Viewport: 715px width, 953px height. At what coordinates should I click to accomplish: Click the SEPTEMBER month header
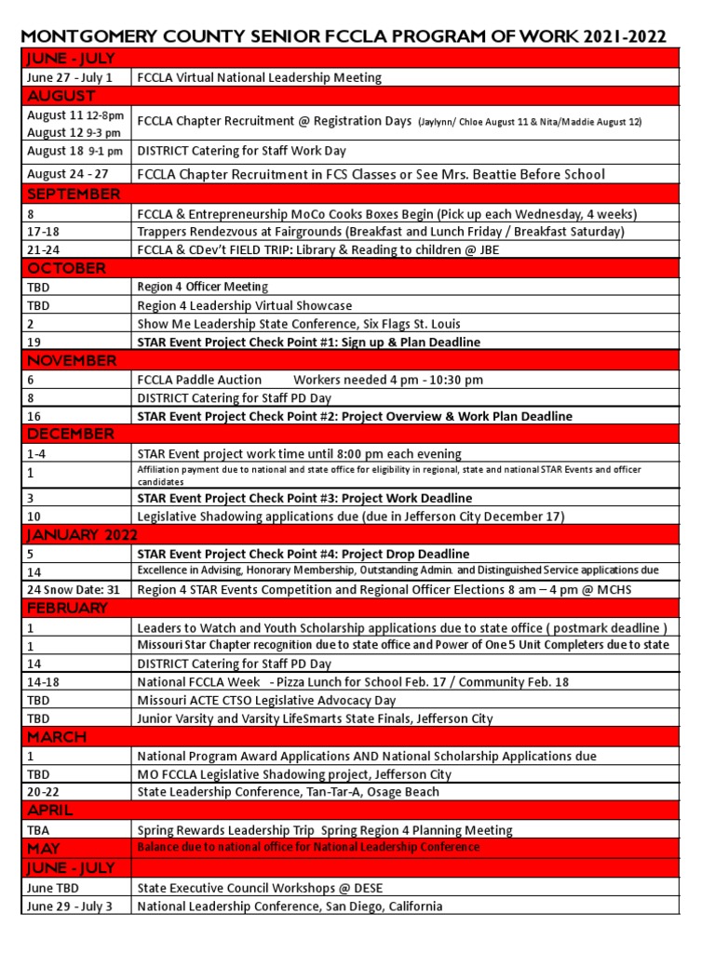(x=74, y=195)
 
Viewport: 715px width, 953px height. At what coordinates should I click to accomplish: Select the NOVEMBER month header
(x=72, y=361)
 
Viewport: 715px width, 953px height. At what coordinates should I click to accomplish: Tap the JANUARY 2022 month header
(x=82, y=534)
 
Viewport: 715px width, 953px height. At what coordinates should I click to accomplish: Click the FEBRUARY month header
(x=67, y=608)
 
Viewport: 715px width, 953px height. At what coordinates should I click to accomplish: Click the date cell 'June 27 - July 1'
(x=70, y=77)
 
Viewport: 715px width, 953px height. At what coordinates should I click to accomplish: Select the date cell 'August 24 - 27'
(x=67, y=174)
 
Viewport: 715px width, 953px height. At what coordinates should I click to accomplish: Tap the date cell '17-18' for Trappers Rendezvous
(x=43, y=232)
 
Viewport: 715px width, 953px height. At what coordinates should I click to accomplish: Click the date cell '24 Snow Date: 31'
(x=74, y=589)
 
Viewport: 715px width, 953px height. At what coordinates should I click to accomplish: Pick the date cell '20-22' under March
(x=44, y=792)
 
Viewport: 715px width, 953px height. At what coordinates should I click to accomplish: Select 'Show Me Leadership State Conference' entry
(x=298, y=324)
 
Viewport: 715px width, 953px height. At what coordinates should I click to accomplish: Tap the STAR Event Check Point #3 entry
(x=304, y=498)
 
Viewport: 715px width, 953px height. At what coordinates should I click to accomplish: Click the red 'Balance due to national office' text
(x=308, y=847)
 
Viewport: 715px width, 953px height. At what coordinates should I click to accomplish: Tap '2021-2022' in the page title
(x=621, y=37)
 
